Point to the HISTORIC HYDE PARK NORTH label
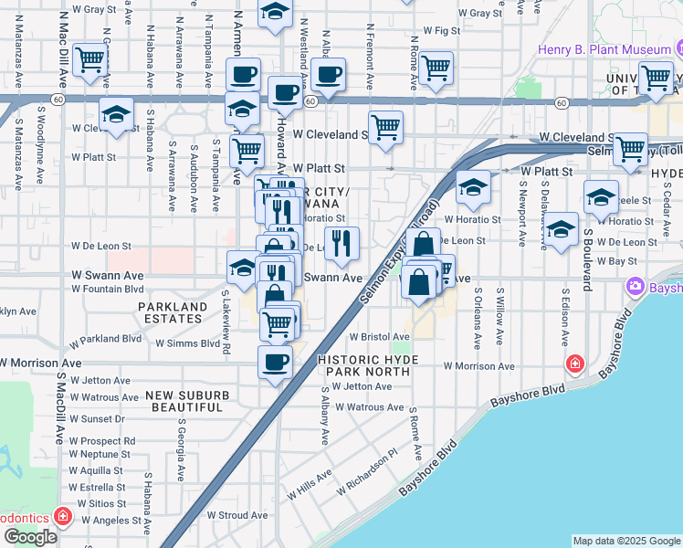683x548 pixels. [x=368, y=366]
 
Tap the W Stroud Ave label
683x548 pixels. [x=236, y=515]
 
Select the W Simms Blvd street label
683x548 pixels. [x=188, y=343]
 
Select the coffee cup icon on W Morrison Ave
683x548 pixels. [x=275, y=364]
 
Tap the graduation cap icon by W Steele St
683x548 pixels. [x=601, y=198]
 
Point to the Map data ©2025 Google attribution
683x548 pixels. [x=626, y=541]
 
